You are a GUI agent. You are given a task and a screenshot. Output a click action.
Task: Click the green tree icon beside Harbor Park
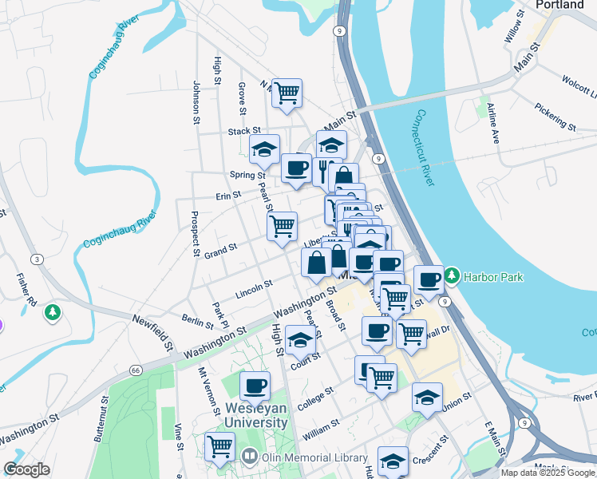point(453,276)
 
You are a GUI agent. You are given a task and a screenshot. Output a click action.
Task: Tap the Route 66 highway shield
point(136,370)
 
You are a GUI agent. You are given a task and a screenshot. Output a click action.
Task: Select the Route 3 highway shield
point(38,259)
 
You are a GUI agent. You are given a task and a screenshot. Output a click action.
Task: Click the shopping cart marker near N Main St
point(287,93)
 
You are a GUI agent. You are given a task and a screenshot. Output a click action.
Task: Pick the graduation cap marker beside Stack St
point(264,148)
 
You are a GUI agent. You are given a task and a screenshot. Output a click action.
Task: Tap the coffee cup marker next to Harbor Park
point(429,279)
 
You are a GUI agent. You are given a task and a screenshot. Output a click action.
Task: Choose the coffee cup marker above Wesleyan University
point(255,386)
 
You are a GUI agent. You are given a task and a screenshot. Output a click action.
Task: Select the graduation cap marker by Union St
point(427,398)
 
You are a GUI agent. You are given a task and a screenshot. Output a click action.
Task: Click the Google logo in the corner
point(26,469)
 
